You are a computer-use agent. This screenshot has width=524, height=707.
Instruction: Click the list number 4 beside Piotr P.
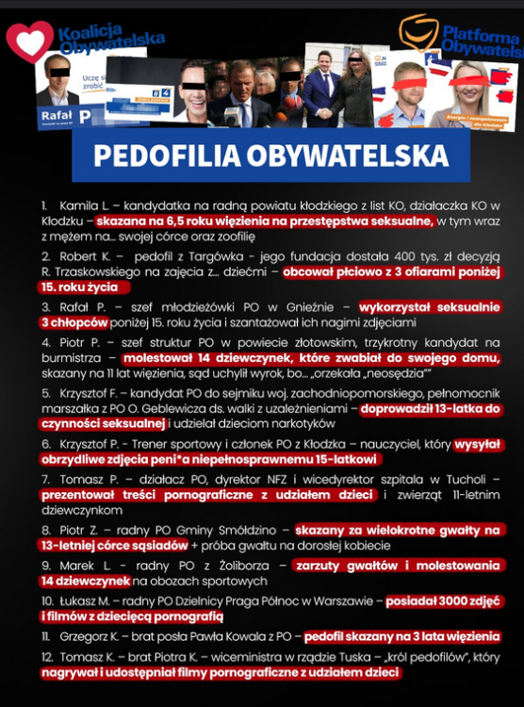point(44,343)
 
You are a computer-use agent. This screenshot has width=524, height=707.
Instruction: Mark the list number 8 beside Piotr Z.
point(44,530)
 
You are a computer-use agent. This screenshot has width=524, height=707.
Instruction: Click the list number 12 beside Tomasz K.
point(45,657)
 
